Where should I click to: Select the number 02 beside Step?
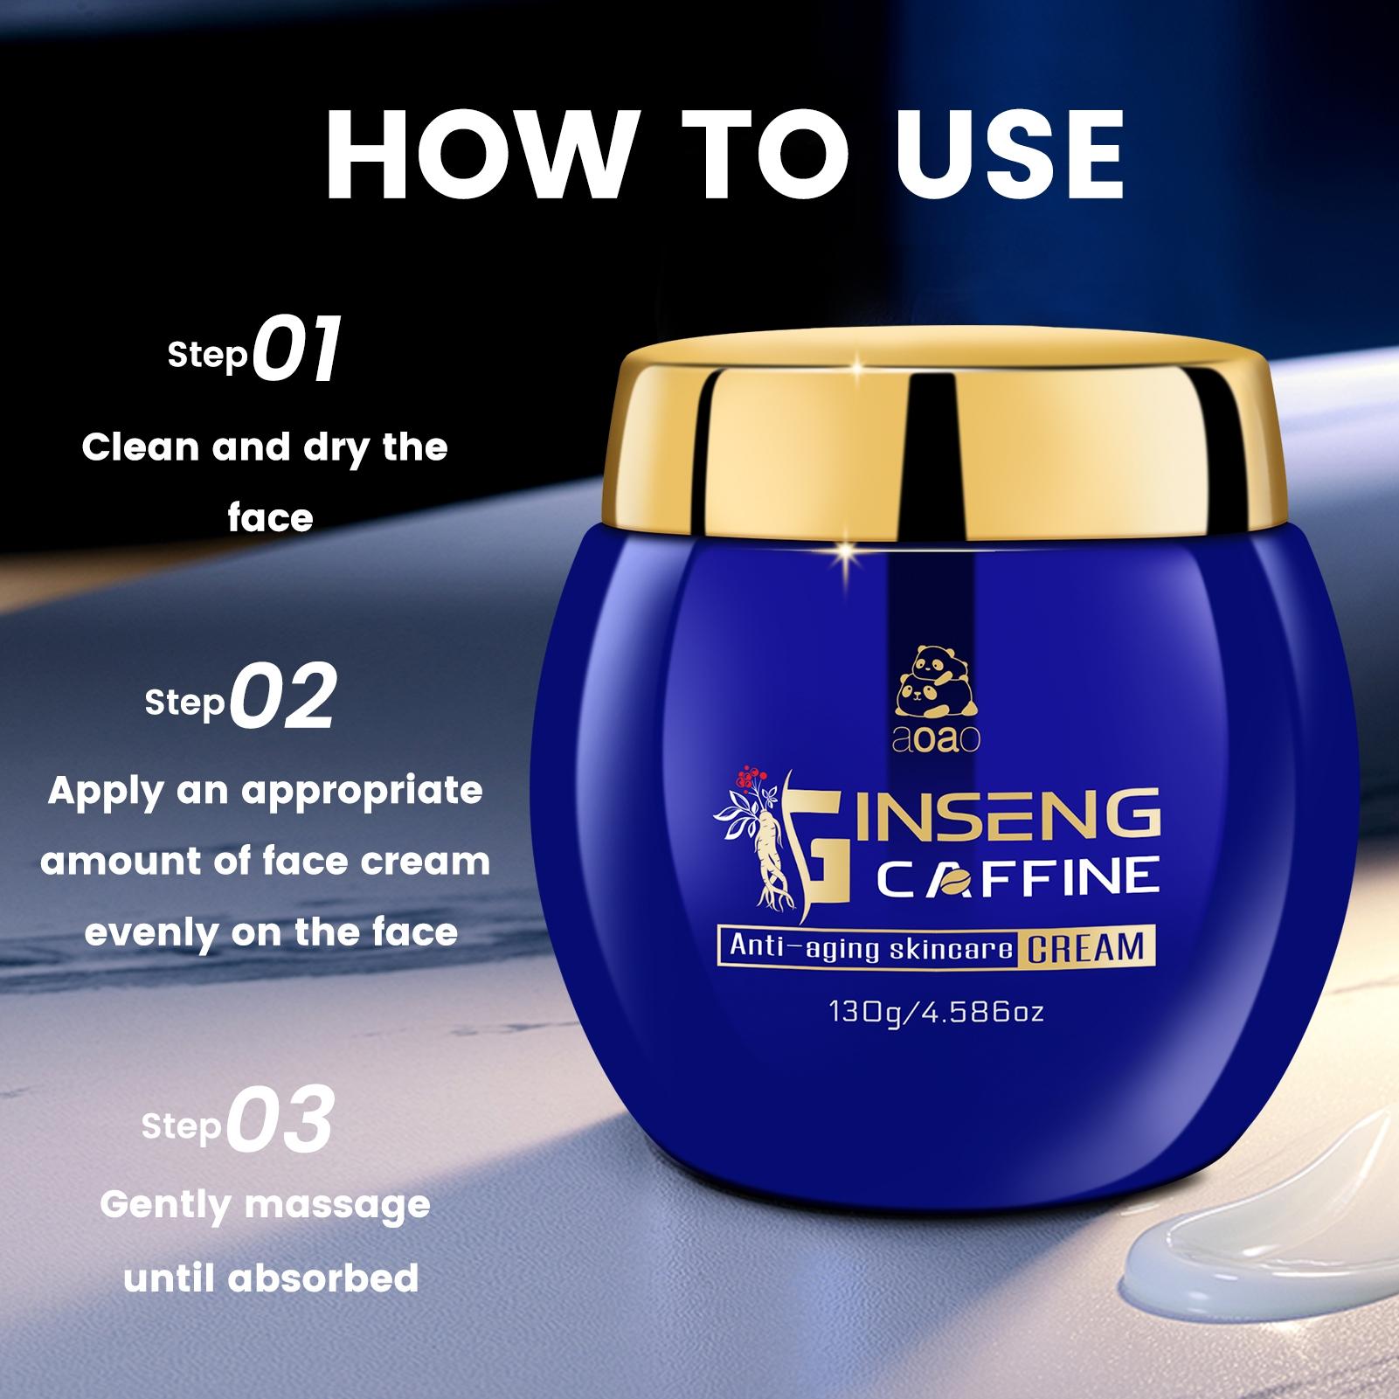(x=282, y=696)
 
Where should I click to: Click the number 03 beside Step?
(x=281, y=1120)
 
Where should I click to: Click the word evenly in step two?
(x=151, y=933)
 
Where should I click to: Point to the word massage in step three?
(x=337, y=1205)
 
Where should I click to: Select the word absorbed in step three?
(x=323, y=1278)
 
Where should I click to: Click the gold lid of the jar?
(x=940, y=437)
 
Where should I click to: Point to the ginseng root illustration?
(x=773, y=856)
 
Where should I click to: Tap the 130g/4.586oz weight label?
(x=936, y=1013)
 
